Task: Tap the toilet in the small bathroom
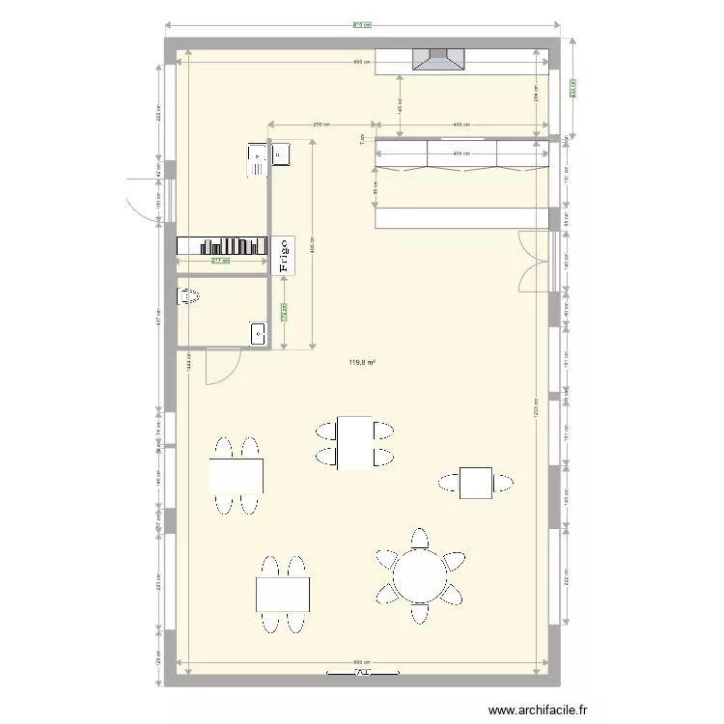pyautogui.click(x=187, y=297)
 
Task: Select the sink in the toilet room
pyautogui.click(x=259, y=334)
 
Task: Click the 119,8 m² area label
pyautogui.click(x=362, y=364)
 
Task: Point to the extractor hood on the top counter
pyautogui.click(x=439, y=60)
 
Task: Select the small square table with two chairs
pyautogui.click(x=476, y=482)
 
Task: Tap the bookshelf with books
pyautogui.click(x=223, y=247)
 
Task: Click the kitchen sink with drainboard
pyautogui.click(x=257, y=160)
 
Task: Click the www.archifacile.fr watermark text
pyautogui.click(x=538, y=710)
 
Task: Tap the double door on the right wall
pyautogui.click(x=534, y=261)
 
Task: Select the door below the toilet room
pyautogui.click(x=222, y=367)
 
